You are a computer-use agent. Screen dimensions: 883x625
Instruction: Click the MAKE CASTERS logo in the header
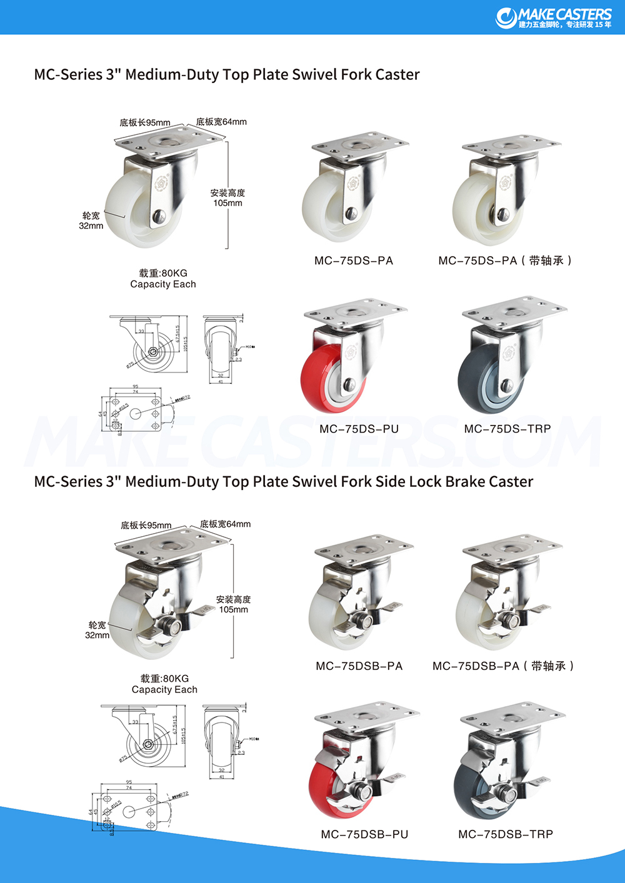click(x=554, y=17)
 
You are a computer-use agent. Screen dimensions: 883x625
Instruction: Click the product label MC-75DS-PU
click(x=359, y=429)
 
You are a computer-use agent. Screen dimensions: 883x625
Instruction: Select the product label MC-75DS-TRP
click(x=507, y=429)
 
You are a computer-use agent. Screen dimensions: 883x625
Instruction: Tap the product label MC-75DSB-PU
click(x=364, y=834)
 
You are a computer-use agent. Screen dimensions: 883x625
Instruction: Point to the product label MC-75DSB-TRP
click(x=506, y=834)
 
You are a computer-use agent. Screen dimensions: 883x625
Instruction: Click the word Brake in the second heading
click(x=466, y=482)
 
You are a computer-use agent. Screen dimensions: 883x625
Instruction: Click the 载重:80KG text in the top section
click(x=163, y=273)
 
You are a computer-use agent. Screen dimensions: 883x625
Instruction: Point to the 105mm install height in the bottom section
click(x=233, y=609)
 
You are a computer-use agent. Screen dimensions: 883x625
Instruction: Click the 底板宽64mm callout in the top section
click(x=221, y=122)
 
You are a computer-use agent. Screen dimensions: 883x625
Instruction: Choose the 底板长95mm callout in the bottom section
click(x=146, y=525)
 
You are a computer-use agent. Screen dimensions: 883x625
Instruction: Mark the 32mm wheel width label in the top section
click(x=91, y=226)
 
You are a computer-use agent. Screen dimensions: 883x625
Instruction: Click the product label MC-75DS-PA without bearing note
click(x=354, y=261)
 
